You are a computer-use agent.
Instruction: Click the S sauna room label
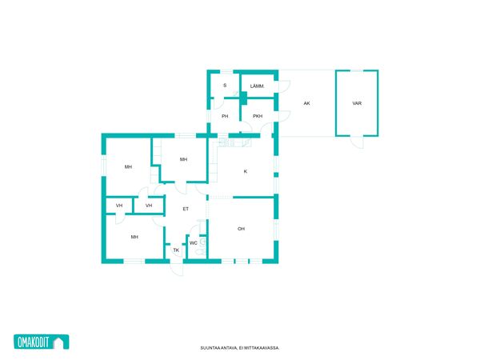(225, 86)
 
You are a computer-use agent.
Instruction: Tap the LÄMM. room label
(257, 86)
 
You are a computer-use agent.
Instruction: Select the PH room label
(225, 116)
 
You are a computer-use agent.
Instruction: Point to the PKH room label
(258, 116)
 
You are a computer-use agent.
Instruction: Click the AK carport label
(306, 103)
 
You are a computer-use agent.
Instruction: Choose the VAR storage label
(357, 103)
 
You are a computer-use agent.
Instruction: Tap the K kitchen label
(246, 171)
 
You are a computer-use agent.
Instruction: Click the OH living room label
(242, 229)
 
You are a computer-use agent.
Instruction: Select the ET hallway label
(186, 209)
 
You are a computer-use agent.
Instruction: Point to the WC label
(194, 243)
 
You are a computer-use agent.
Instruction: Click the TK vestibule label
(176, 250)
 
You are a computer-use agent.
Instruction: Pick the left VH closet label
(119, 206)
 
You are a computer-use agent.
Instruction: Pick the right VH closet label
(149, 206)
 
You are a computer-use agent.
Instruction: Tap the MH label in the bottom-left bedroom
(134, 237)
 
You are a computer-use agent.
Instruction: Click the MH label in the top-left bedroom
(128, 167)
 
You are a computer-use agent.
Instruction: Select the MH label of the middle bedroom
(183, 159)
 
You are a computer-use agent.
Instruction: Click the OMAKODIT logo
(42, 342)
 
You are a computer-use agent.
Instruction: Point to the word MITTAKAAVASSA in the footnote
(263, 348)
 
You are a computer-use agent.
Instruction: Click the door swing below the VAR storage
(358, 142)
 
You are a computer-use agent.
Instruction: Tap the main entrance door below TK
(177, 270)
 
